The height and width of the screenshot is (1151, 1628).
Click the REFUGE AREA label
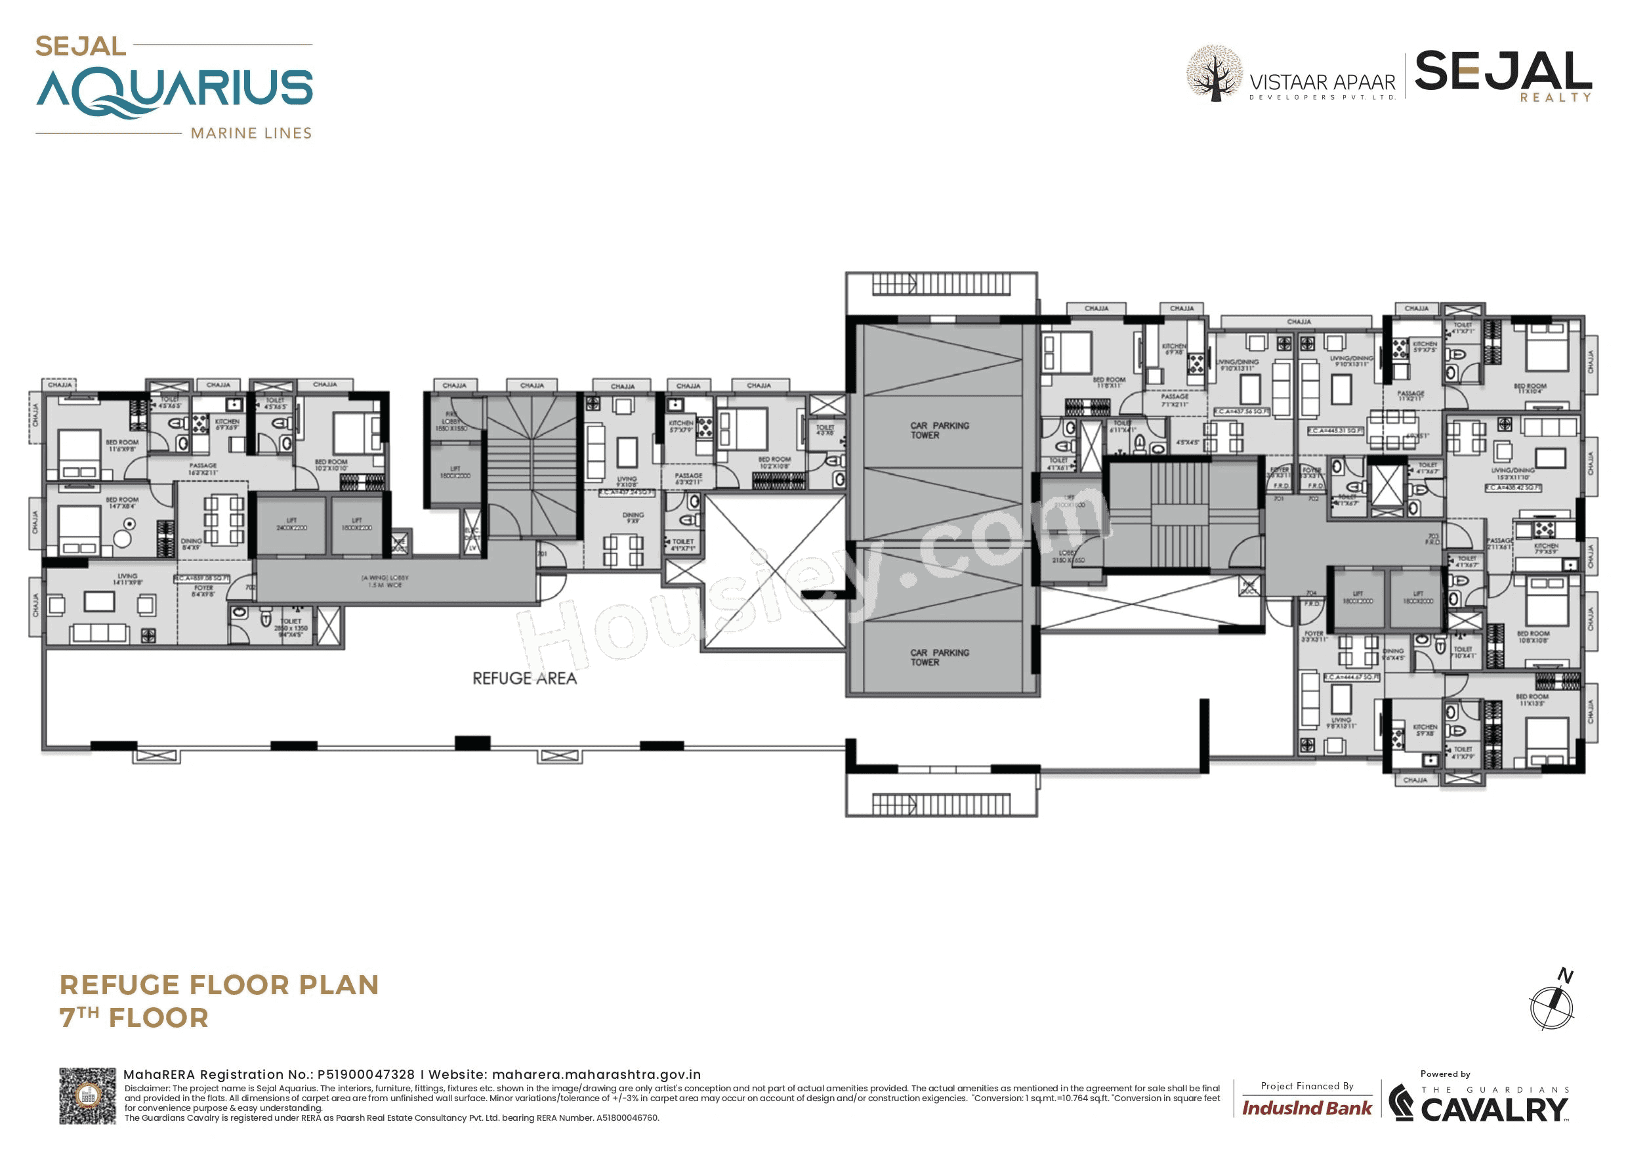coord(525,679)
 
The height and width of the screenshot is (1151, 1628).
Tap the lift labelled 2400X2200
coord(291,525)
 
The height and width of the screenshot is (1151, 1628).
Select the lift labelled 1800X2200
coord(357,525)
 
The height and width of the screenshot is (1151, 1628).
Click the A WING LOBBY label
coord(385,581)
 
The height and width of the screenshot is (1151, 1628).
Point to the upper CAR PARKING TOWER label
coord(939,430)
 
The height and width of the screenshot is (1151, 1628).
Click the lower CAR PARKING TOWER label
coord(939,658)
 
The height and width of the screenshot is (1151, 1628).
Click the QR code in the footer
coord(87,1096)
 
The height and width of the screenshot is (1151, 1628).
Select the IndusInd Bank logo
coord(1306,1108)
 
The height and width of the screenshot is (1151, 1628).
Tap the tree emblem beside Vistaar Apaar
coord(1215,73)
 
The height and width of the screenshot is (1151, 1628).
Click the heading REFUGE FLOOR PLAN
coord(219,985)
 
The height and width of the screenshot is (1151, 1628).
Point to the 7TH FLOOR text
coord(134,1018)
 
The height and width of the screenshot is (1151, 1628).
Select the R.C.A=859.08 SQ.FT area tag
coord(202,579)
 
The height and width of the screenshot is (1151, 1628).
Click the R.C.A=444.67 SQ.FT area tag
coord(1350,677)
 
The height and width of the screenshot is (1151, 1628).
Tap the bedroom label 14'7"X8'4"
coord(122,503)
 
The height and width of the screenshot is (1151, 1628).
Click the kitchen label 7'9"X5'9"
coord(1546,549)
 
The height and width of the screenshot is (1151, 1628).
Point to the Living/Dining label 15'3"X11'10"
coord(1513,474)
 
